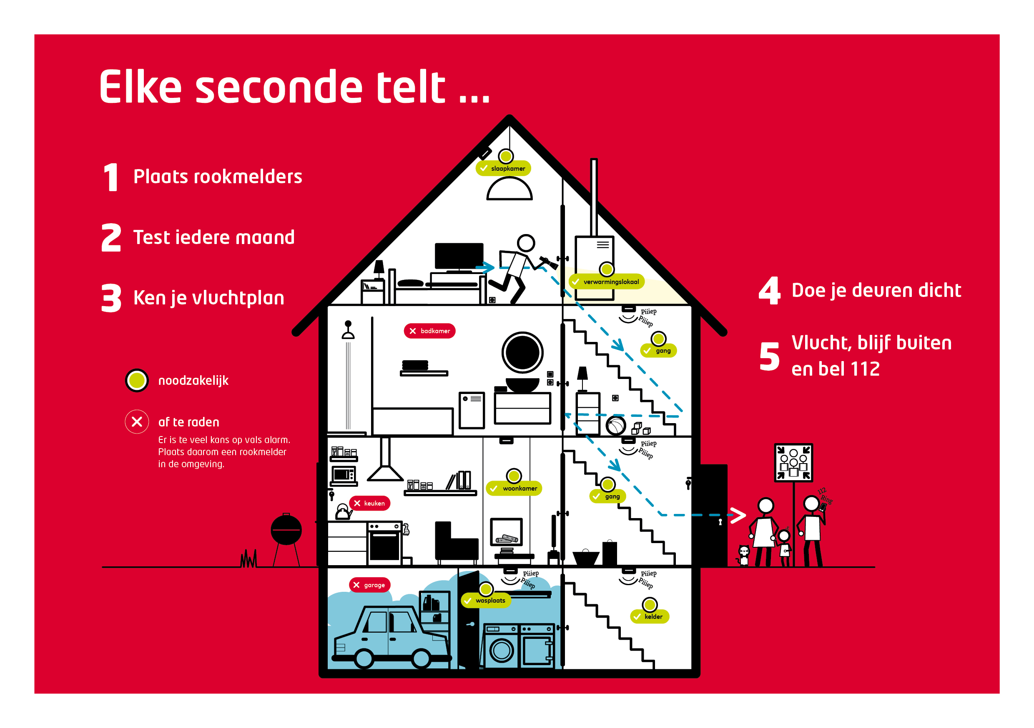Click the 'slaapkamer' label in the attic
point(504,168)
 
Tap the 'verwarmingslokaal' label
point(607,282)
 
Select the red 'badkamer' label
point(429,331)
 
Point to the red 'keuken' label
point(369,503)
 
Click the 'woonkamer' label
point(514,488)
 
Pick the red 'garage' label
point(369,585)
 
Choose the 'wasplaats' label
point(485,600)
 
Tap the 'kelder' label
point(650,616)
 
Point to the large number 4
point(769,291)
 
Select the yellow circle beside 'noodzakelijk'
point(137,381)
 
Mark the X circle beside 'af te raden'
point(137,421)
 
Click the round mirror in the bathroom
point(522,352)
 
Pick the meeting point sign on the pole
point(793,463)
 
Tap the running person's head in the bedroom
point(526,243)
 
